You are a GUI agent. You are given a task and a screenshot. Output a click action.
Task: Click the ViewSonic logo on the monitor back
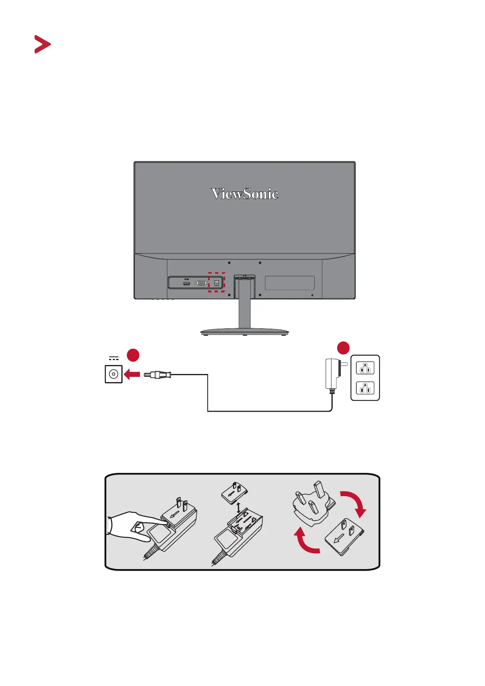pyautogui.click(x=245, y=194)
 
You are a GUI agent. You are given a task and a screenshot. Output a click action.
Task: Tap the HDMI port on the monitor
pyautogui.click(x=187, y=283)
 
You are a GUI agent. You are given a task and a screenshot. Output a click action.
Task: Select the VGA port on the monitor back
pyautogui.click(x=201, y=283)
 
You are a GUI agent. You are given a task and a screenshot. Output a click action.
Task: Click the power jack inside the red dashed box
pyautogui.click(x=217, y=283)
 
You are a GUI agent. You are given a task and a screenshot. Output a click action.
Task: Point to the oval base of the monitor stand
pyautogui.click(x=244, y=332)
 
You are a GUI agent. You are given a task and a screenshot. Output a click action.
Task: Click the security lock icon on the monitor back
pyautogui.click(x=312, y=295)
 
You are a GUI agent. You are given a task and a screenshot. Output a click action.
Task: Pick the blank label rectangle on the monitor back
pyautogui.click(x=290, y=283)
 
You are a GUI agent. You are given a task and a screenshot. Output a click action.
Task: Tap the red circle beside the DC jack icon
pyautogui.click(x=133, y=355)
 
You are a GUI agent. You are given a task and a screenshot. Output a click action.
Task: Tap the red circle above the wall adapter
pyautogui.click(x=343, y=348)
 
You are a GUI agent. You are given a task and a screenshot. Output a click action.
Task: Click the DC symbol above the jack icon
pyautogui.click(x=114, y=359)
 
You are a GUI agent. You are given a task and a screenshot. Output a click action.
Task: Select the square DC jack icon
pyautogui.click(x=114, y=374)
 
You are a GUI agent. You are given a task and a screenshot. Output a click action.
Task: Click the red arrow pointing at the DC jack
pyautogui.click(x=132, y=374)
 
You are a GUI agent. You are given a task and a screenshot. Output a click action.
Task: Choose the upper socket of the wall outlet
pyautogui.click(x=365, y=368)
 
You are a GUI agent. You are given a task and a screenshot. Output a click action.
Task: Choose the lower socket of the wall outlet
pyautogui.click(x=365, y=388)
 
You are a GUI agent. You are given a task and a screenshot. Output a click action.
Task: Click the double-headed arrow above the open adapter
pyautogui.click(x=238, y=508)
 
